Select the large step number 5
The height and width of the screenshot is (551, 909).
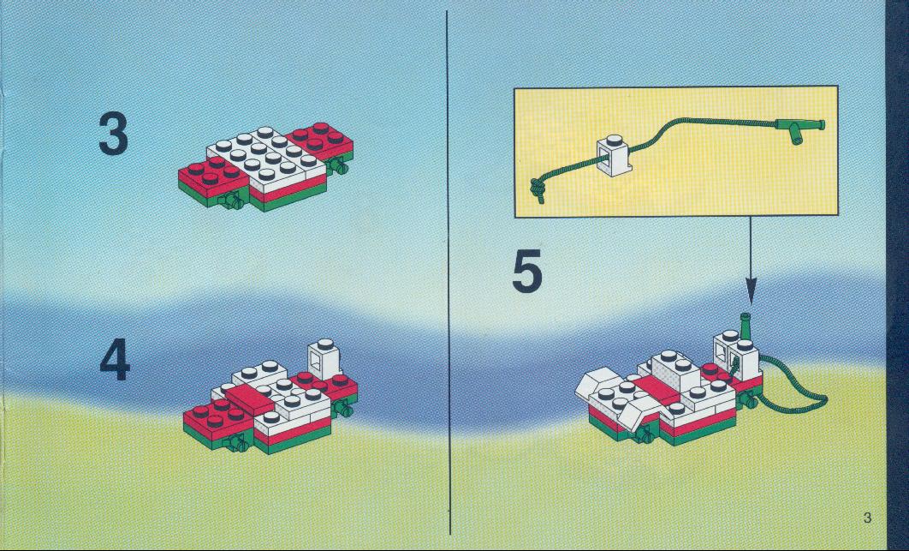point(527,270)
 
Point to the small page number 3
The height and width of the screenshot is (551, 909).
point(867,518)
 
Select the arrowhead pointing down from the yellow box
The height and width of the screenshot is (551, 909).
point(751,290)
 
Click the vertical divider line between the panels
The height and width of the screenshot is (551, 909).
point(449,273)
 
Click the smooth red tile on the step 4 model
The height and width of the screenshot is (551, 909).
point(249,398)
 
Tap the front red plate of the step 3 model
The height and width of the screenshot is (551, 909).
point(213,177)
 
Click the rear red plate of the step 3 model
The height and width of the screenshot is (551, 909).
point(319,140)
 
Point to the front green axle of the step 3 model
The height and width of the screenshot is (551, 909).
point(231,201)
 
